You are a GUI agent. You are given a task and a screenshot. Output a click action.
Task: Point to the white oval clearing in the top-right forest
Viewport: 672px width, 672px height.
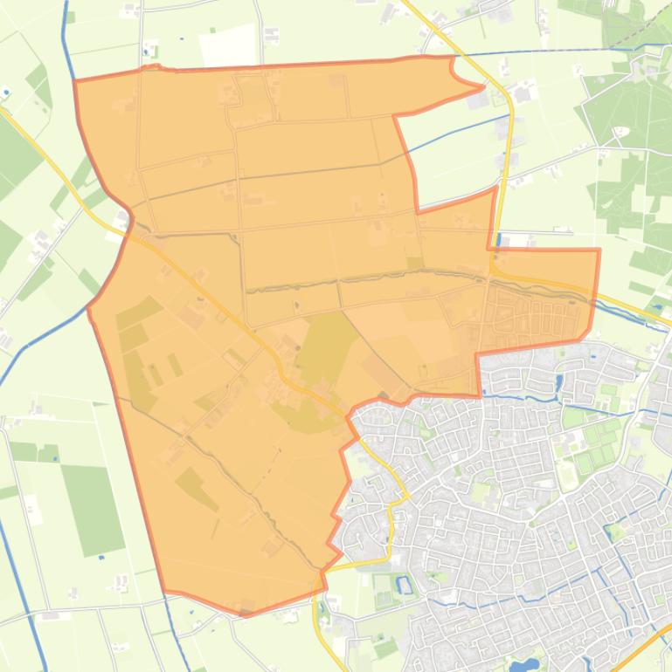[x=622, y=132]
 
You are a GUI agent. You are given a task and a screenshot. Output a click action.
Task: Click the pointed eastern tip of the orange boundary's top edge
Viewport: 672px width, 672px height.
[x=483, y=86]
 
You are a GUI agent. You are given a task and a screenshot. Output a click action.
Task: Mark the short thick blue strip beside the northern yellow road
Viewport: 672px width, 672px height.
[x=498, y=239]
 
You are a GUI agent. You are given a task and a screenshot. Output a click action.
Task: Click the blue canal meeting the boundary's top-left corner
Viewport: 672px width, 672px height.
[x=65, y=44]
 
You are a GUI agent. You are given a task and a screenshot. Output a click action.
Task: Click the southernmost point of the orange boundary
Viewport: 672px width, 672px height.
[x=245, y=614]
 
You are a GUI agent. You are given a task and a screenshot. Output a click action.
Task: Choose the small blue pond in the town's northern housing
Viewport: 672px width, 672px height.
[x=559, y=382]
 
